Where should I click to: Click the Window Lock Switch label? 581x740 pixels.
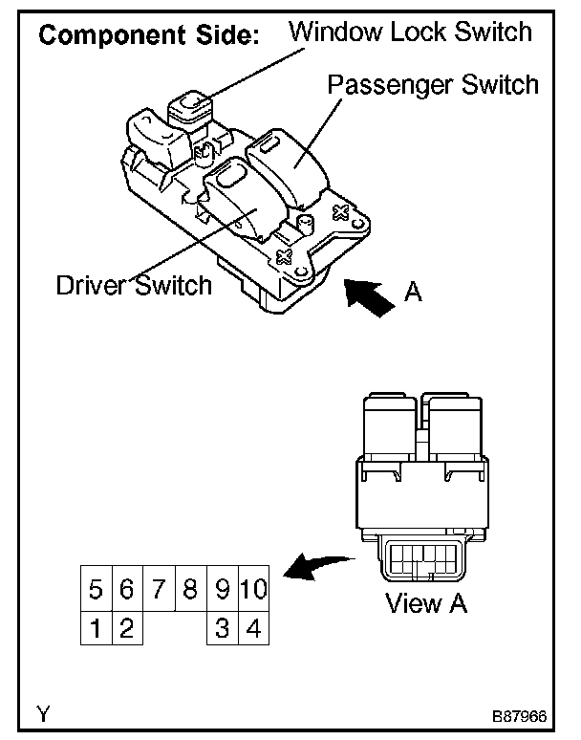[410, 32]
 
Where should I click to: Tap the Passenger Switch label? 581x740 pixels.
[433, 84]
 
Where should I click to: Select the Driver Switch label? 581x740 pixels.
[134, 285]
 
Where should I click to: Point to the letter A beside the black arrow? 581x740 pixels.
[413, 294]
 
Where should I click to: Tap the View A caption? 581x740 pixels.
[426, 603]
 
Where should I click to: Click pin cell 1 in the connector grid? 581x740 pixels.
[96, 628]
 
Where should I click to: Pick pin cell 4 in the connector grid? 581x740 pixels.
[253, 628]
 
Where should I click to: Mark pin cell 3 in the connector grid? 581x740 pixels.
[222, 628]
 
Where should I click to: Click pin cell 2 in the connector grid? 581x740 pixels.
[127, 628]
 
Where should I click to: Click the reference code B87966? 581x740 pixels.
[520, 713]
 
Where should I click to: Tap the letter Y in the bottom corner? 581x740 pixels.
[44, 712]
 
